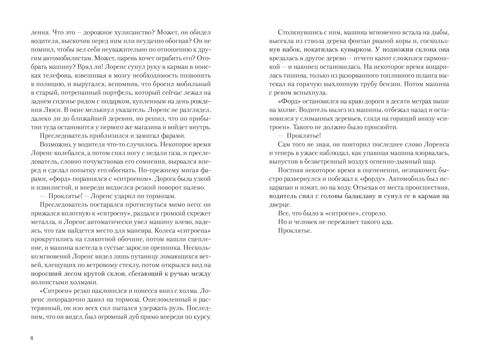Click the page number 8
point(32,338)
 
